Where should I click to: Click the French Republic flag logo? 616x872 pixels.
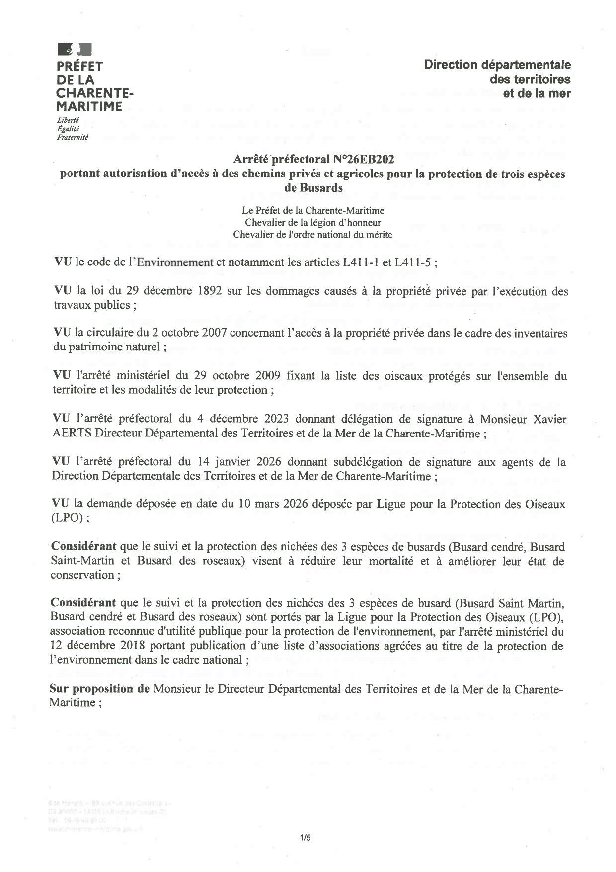coord(75,49)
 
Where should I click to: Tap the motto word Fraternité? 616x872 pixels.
coord(73,137)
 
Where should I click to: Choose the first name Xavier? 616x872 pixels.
coord(548,419)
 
